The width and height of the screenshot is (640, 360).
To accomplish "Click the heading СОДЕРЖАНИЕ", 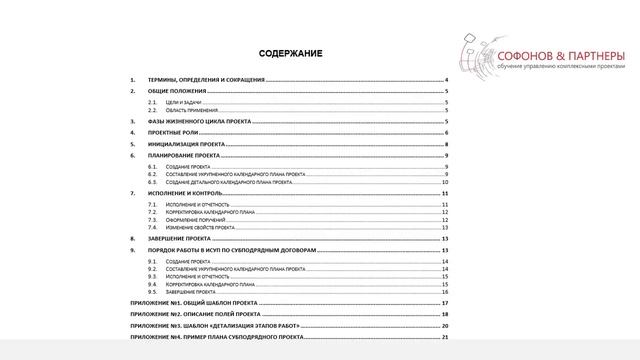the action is [x=291, y=51].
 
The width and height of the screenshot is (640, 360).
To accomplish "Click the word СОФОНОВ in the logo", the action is [x=528, y=54].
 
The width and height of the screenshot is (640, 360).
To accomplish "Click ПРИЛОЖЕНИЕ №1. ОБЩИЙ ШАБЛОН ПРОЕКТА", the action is [x=195, y=302].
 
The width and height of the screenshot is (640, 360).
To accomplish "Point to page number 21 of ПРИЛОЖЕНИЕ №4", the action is [x=445, y=338].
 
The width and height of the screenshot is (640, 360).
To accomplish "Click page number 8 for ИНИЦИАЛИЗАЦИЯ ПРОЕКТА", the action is [x=445, y=145].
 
